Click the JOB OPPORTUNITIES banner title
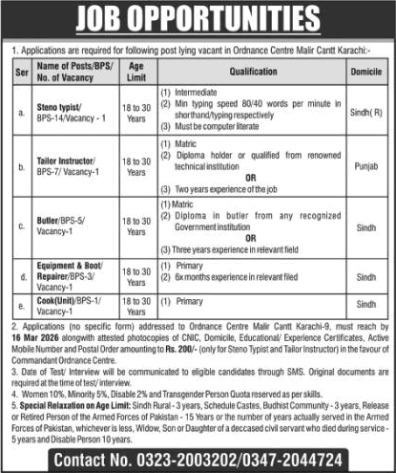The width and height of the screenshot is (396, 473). click(198, 20)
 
